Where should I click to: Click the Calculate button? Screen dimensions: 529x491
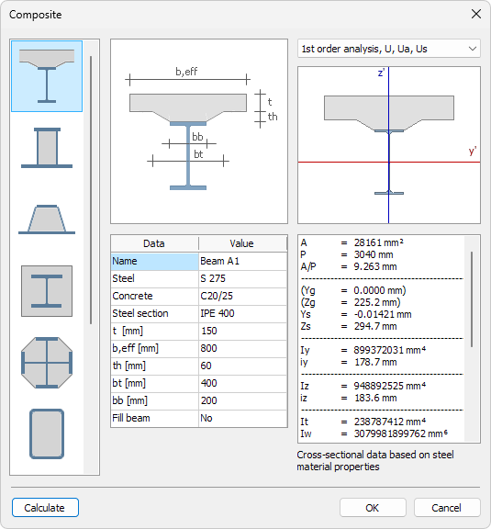click(45, 508)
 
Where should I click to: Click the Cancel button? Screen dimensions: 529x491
click(447, 508)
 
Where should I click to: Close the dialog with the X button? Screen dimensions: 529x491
click(475, 14)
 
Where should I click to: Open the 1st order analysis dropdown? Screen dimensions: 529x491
click(389, 49)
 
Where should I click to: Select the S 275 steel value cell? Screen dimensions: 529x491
click(242, 278)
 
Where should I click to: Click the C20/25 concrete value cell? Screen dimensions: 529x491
click(242, 296)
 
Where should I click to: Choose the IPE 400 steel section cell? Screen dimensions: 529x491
click(242, 313)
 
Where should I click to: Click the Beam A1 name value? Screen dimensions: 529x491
click(242, 261)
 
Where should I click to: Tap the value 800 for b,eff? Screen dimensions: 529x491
click(242, 348)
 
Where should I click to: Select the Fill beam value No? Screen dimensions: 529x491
click(242, 418)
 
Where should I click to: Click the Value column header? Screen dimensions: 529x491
click(242, 243)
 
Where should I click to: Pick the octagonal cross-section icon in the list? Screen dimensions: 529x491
click(47, 362)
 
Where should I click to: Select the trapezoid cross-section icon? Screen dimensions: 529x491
click(47, 219)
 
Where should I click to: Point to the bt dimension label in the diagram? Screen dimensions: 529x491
click(197, 154)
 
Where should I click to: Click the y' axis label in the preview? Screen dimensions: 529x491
click(472, 152)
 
